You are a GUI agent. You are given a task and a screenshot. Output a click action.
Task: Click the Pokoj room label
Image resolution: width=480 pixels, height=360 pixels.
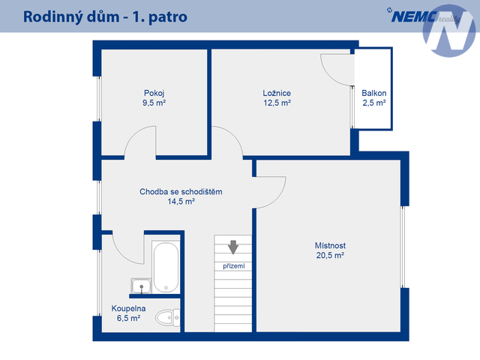point(154,93)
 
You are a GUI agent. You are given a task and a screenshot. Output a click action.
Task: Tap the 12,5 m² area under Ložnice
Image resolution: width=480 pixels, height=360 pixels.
point(277,103)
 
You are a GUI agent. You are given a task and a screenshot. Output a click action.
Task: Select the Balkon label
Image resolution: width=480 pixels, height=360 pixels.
point(373,93)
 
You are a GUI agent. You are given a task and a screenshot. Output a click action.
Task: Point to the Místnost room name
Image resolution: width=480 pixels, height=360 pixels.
point(330,245)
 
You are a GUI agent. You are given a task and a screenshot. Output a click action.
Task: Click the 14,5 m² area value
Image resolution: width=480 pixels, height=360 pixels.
point(181,202)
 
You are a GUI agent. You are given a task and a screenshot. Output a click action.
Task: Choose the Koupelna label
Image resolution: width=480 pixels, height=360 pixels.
point(128,308)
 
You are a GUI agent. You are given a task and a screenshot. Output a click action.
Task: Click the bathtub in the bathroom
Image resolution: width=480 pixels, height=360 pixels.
point(166,267)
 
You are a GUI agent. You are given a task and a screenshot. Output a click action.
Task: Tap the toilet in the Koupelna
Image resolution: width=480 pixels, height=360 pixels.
point(168,317)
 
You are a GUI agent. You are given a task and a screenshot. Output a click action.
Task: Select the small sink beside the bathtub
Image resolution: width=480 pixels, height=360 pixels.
point(141,286)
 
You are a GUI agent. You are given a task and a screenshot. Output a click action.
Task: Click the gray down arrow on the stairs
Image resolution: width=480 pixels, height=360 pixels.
point(233,247)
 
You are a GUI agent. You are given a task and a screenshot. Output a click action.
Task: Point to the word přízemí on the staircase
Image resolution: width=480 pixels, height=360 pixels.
point(234,266)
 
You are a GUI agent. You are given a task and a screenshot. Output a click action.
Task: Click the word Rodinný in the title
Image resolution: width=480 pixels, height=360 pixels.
point(53,17)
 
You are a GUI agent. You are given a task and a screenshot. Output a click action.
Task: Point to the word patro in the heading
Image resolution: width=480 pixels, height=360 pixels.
point(168,18)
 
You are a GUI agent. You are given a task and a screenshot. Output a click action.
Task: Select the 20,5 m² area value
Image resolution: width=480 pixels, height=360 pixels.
point(330,255)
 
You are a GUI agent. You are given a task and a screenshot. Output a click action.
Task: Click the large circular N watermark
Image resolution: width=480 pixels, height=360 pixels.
point(449,31)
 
